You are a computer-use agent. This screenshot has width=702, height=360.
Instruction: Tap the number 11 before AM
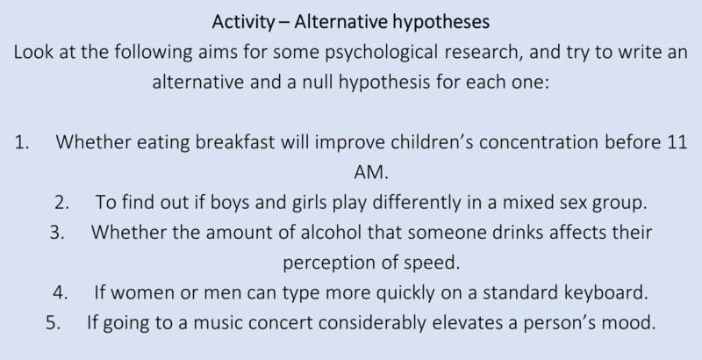click(x=676, y=143)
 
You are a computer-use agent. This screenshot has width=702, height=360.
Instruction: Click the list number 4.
click(x=60, y=292)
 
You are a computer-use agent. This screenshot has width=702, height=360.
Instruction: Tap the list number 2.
click(x=61, y=202)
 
